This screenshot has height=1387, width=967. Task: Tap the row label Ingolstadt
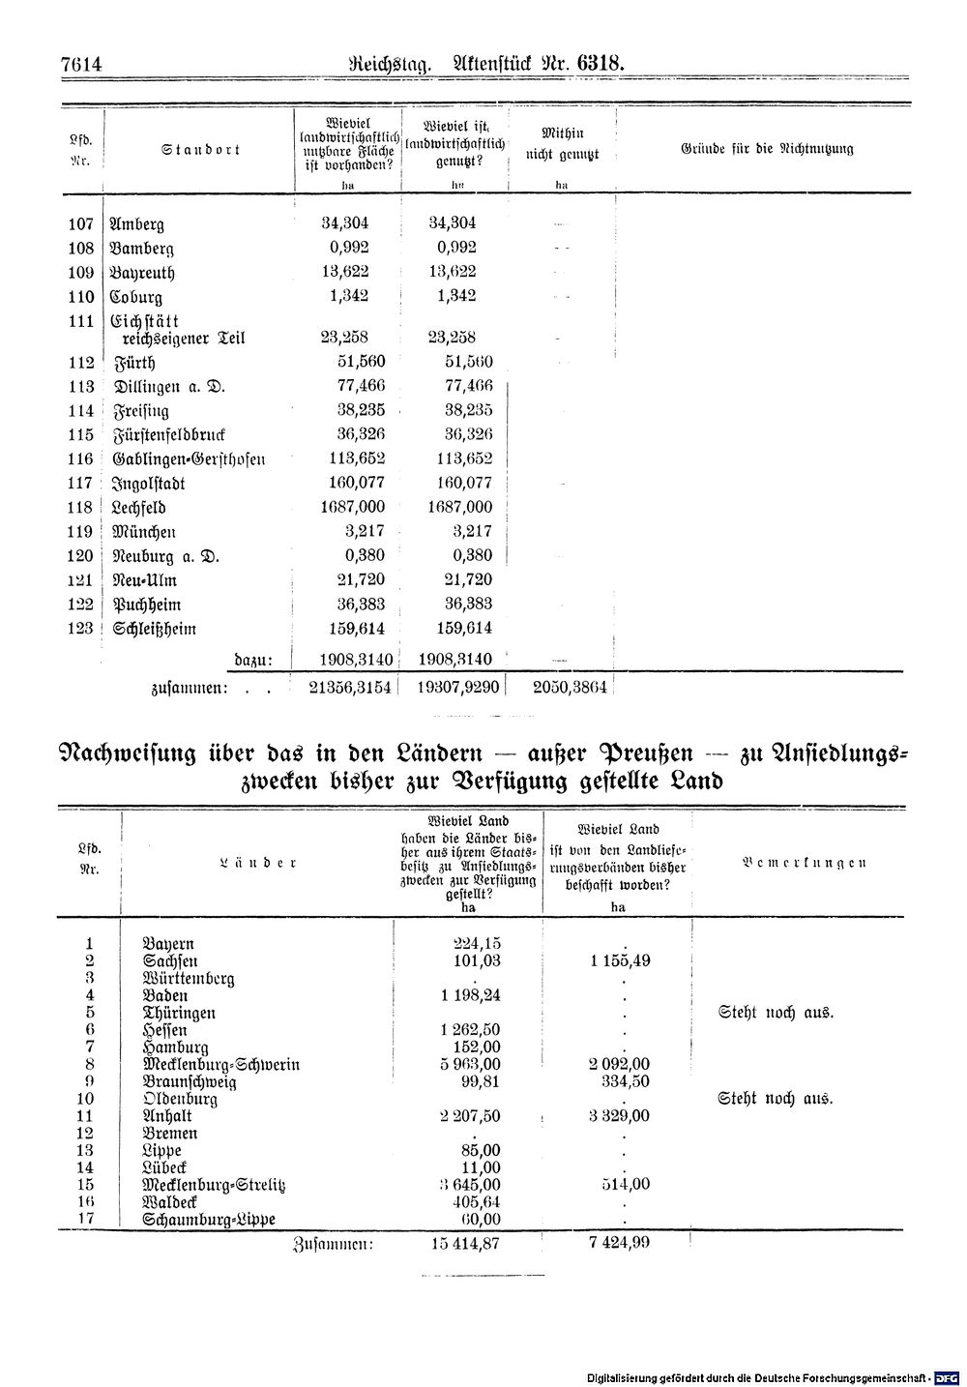pyautogui.click(x=149, y=484)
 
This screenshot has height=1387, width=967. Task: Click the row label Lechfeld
pyautogui.click(x=138, y=508)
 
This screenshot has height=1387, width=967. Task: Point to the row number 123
pyautogui.click(x=80, y=629)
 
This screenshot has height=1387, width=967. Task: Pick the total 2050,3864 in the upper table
pyautogui.click(x=570, y=686)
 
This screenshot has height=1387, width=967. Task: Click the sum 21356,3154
pyautogui.click(x=348, y=686)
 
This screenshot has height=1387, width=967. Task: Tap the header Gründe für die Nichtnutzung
pyautogui.click(x=767, y=149)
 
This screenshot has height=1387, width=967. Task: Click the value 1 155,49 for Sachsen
pyautogui.click(x=618, y=960)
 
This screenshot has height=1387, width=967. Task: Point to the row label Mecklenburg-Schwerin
pyautogui.click(x=220, y=1065)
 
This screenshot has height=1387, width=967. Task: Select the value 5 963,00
pyautogui.click(x=469, y=1064)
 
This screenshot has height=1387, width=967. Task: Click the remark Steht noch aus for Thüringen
pyautogui.click(x=776, y=1013)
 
